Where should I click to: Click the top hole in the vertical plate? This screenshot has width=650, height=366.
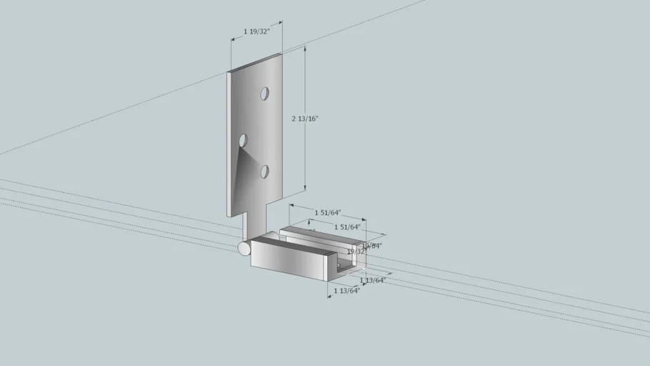[x=264, y=94]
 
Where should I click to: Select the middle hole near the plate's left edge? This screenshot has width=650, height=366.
[x=243, y=140]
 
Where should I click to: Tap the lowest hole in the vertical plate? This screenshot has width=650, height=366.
[x=264, y=172]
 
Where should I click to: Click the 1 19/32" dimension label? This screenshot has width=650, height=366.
[x=256, y=31]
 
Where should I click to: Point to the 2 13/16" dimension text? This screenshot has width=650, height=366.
[x=305, y=119]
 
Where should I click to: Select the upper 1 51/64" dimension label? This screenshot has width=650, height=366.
[x=328, y=212]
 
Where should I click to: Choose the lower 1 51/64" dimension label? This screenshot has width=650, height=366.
[x=347, y=227]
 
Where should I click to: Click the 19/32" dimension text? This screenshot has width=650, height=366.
[x=355, y=252]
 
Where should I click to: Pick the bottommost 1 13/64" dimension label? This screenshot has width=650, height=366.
[x=346, y=290]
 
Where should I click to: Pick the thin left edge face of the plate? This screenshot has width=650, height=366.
[x=230, y=143]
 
